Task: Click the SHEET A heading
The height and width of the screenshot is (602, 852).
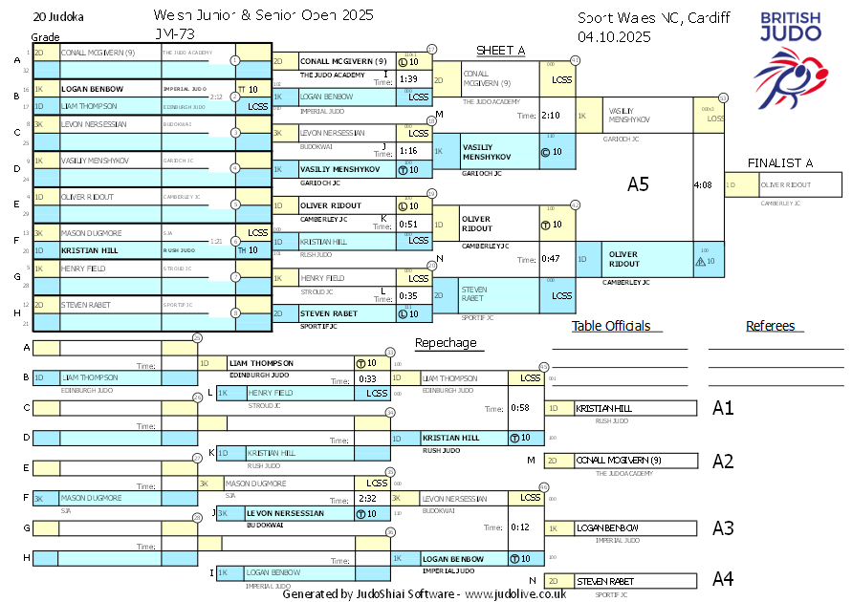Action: pyautogui.click(x=500, y=51)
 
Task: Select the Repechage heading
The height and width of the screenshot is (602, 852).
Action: pyautogui.click(x=445, y=343)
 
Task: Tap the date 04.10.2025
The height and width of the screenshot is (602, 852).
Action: pyautogui.click(x=614, y=37)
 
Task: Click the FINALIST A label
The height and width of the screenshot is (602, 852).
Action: pyautogui.click(x=780, y=162)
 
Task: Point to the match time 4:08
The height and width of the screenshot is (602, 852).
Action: pyautogui.click(x=703, y=184)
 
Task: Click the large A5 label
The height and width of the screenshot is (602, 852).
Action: pyautogui.click(x=638, y=184)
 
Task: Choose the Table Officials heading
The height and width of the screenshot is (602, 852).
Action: pyautogui.click(x=611, y=326)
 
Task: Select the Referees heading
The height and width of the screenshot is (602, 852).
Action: pyautogui.click(x=771, y=326)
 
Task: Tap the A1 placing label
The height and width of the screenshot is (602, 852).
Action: pyautogui.click(x=723, y=408)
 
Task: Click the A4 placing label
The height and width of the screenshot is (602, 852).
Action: pyautogui.click(x=723, y=578)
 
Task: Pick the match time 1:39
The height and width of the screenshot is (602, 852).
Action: pyautogui.click(x=408, y=79)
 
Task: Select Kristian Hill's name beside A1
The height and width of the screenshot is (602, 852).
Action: pyautogui.click(x=604, y=408)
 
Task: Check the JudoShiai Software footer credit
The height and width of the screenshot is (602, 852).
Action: pyautogui.click(x=424, y=593)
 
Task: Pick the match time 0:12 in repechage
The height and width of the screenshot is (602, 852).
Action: pyautogui.click(x=520, y=527)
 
